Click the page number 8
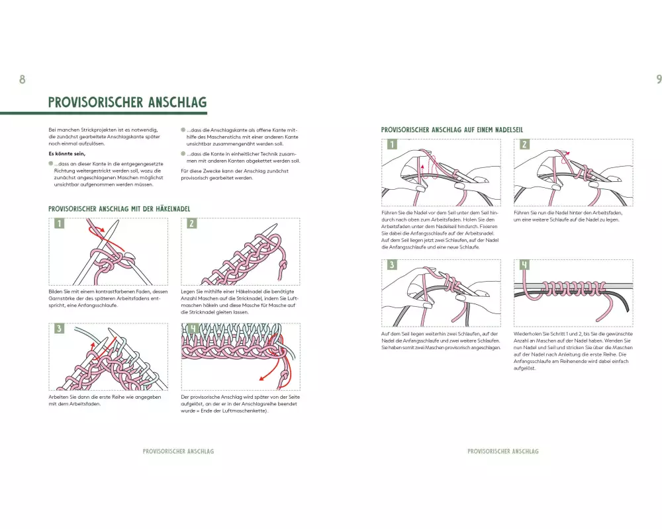point(22,80)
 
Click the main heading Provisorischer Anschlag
point(128,102)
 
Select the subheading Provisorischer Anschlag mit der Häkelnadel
point(119,209)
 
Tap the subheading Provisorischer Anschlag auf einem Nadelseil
point(452,130)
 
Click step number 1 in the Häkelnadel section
point(59,224)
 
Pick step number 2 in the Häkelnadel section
point(191,224)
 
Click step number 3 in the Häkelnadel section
point(59,329)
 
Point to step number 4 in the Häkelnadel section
point(191,329)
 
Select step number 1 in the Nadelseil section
point(392,144)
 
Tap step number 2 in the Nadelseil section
point(524,144)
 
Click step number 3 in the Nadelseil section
point(392,265)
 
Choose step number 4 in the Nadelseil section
point(524,265)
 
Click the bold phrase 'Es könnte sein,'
point(67,153)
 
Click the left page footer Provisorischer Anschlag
point(178,452)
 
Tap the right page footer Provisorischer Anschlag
point(503,452)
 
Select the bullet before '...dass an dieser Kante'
point(51,162)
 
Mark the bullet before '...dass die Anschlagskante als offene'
point(183,130)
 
